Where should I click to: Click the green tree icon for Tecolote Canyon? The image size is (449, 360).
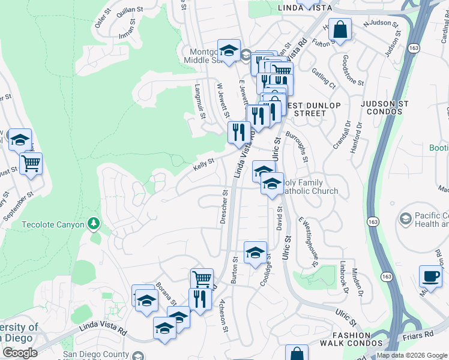[x=93, y=224]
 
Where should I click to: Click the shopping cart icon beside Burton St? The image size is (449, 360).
[x=202, y=279]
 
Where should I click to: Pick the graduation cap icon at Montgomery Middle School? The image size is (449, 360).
[x=229, y=50]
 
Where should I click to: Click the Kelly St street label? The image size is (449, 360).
[x=203, y=165]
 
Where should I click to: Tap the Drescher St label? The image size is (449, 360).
[x=224, y=208]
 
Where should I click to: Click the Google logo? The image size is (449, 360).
[x=19, y=353]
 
